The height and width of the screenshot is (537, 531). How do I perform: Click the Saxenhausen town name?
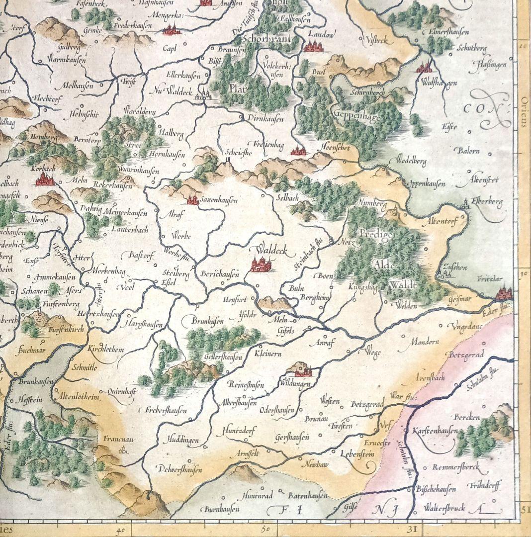[x=219, y=200]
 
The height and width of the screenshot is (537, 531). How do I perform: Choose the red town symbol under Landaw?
[x=313, y=47]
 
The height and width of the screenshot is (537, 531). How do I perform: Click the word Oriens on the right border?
[x=523, y=111]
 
